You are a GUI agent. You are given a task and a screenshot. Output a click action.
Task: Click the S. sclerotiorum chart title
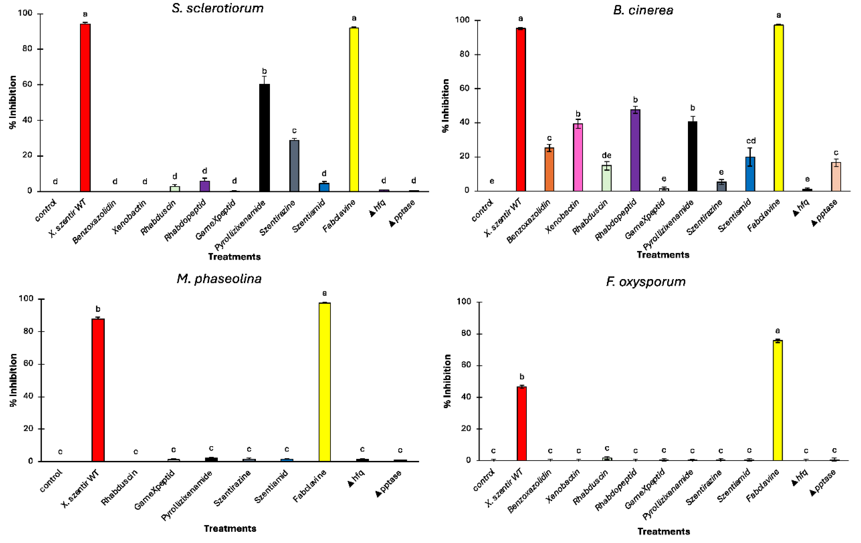(x=217, y=8)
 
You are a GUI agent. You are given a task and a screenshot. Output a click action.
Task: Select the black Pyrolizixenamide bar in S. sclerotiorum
(x=264, y=138)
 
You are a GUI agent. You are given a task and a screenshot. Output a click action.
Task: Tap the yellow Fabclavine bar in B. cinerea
(x=778, y=107)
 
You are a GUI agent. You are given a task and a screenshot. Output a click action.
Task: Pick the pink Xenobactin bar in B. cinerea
(x=578, y=157)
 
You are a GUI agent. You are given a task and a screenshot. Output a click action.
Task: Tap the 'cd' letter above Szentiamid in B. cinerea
(x=750, y=141)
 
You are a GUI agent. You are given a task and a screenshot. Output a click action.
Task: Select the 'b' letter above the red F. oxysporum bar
(x=522, y=377)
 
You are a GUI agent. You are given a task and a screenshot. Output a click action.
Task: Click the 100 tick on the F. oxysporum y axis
(x=464, y=302)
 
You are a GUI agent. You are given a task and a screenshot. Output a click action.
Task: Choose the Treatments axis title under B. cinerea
(x=663, y=255)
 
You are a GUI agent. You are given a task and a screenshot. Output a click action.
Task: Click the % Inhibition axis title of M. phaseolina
(x=13, y=380)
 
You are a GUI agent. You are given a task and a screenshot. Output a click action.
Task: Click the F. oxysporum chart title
(x=646, y=282)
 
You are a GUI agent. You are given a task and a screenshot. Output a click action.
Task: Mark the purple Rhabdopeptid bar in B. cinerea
(x=635, y=150)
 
